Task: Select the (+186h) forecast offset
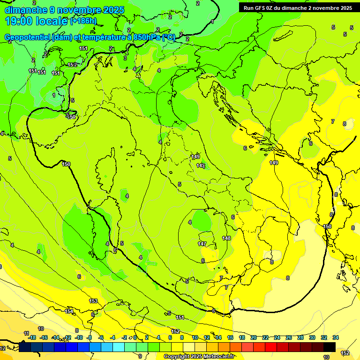[83, 21]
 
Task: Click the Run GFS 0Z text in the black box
[262, 7]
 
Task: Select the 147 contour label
[202, 244]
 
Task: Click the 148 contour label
[226, 239]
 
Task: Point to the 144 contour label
[201, 165]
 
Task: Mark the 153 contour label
[93, 301]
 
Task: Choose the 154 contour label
[69, 311]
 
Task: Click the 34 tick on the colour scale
[336, 337]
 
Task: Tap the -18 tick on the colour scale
[32, 337]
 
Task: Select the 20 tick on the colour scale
[254, 337]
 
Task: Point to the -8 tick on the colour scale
[89, 337]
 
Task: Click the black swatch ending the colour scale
[329, 347]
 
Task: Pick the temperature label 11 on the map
[26, 333]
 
